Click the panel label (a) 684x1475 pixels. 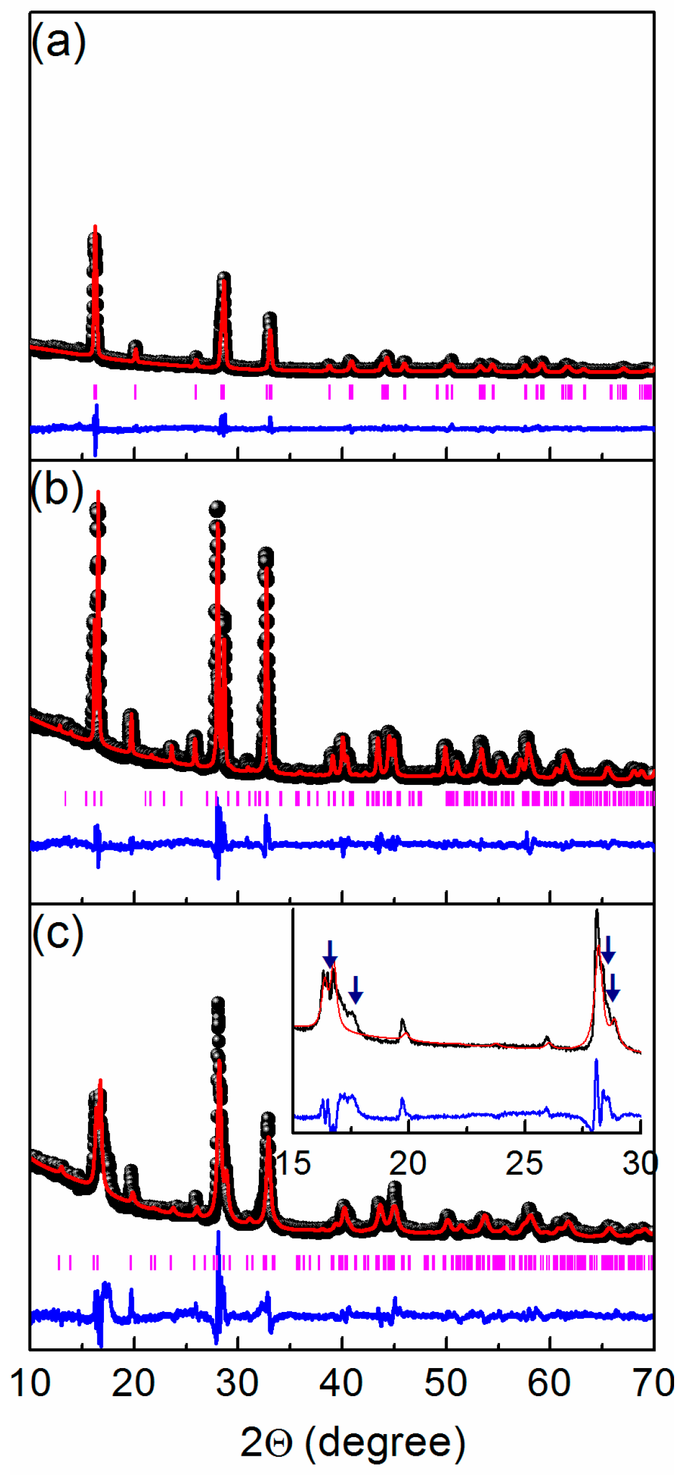tap(58, 42)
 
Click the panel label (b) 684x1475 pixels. tap(57, 490)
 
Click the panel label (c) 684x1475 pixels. tap(57, 934)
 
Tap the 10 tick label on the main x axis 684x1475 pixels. tap(30, 1384)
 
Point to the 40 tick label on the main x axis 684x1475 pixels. tap(342, 1384)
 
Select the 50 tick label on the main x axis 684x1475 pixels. tap(446, 1384)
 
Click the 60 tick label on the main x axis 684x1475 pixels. tap(549, 1384)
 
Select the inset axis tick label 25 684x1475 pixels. tap(524, 1164)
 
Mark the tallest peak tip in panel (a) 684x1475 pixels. tap(95, 227)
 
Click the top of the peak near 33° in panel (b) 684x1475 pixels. tap(266, 553)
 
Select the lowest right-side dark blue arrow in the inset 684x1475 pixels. tap(612, 988)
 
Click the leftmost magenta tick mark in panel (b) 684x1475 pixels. tap(65, 798)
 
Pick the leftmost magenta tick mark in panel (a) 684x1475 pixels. tap(95, 392)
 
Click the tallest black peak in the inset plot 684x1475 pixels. tap(596, 912)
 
